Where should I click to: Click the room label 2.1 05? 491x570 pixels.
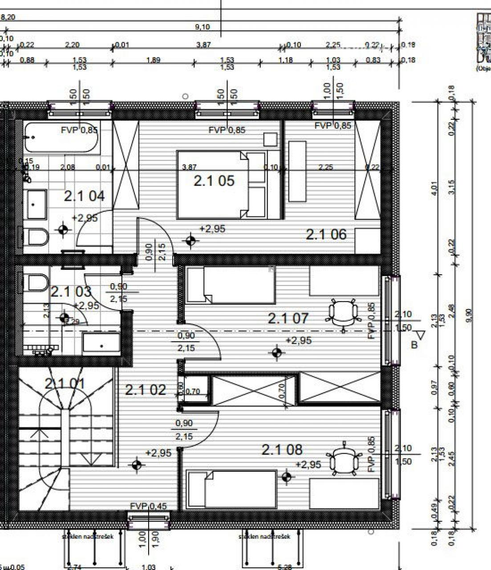214,181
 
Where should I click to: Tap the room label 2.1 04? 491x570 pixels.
84,196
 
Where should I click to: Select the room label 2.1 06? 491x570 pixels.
326,234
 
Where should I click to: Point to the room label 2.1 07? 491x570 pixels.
288,318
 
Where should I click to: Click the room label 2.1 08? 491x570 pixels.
282,450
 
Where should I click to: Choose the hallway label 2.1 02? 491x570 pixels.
146,390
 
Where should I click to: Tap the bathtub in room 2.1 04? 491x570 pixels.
61,137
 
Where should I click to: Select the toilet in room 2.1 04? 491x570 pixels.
36,237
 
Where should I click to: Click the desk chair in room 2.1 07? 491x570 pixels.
343,312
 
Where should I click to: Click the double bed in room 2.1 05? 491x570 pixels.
221,185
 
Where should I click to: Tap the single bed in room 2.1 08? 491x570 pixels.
231,489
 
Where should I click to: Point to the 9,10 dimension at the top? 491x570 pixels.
202,27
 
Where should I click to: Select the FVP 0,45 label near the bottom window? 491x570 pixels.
149,506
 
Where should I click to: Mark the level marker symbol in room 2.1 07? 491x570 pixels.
277,353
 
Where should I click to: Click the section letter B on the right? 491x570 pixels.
414,344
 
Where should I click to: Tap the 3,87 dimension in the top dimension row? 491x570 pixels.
203,45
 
